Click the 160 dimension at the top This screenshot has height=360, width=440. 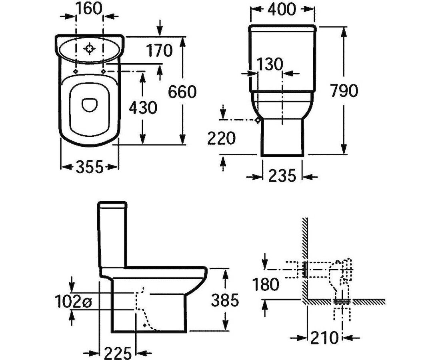pos(90,8)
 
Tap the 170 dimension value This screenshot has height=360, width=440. pos(159,50)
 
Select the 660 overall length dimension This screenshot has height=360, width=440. pos(182,92)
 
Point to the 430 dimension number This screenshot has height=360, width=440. pos(143,108)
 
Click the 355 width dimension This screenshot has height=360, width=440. pos(90,167)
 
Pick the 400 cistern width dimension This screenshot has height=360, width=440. pos(282,9)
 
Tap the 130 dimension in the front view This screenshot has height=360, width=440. pos(269,64)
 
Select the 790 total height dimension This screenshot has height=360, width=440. pos(344,91)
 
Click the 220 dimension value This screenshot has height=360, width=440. pos(222,138)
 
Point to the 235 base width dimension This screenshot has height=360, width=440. pos(282,176)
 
